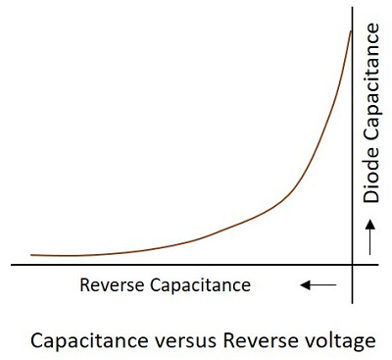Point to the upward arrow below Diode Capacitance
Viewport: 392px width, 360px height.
point(370,236)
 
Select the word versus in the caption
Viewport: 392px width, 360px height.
point(180,340)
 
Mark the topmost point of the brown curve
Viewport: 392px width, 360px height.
point(350,31)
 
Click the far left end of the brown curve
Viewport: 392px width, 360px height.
point(31,254)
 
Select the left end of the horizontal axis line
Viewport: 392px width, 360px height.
point(10,265)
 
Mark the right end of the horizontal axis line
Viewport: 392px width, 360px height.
point(387,265)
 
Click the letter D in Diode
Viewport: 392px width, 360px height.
point(370,197)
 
